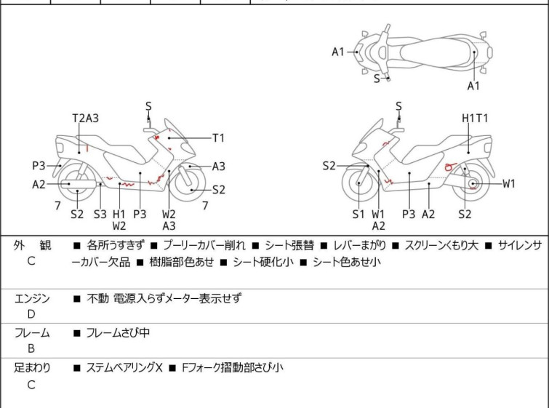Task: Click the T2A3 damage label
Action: (x=85, y=119)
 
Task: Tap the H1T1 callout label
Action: (x=476, y=118)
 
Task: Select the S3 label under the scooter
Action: (x=100, y=214)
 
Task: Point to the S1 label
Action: (x=358, y=214)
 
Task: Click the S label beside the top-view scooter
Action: (x=377, y=78)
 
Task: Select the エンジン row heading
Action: (x=32, y=298)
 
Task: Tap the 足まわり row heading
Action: (x=32, y=368)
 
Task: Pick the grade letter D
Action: (x=31, y=314)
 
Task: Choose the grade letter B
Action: (x=31, y=349)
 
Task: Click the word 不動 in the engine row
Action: (x=97, y=298)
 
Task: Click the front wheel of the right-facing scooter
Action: (x=191, y=189)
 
